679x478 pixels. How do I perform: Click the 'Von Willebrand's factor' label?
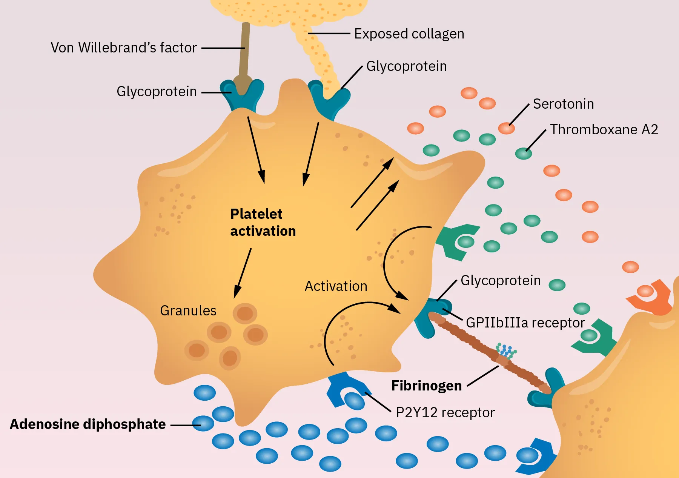click(x=124, y=48)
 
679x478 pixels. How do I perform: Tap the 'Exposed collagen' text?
click(x=409, y=34)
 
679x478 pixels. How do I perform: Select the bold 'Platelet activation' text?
click(x=263, y=223)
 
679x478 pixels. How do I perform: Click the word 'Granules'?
click(x=188, y=310)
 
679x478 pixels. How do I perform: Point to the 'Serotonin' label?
click(x=563, y=104)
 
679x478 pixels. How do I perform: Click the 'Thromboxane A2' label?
click(x=604, y=129)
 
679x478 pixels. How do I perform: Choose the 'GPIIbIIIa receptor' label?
click(x=525, y=323)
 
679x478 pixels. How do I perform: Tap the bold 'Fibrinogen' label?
click(x=426, y=386)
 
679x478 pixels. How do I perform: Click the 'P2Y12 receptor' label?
click(x=445, y=413)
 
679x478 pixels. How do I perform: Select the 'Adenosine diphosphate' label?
click(x=88, y=424)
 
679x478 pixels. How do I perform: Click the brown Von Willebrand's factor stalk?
click(x=244, y=49)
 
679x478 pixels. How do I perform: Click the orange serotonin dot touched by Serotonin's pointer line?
click(x=506, y=128)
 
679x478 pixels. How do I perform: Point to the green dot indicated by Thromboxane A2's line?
click(x=524, y=153)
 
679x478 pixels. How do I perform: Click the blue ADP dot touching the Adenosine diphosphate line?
click(x=203, y=423)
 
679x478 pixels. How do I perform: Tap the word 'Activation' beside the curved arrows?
click(x=336, y=286)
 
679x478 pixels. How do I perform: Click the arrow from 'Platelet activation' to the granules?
click(x=243, y=273)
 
